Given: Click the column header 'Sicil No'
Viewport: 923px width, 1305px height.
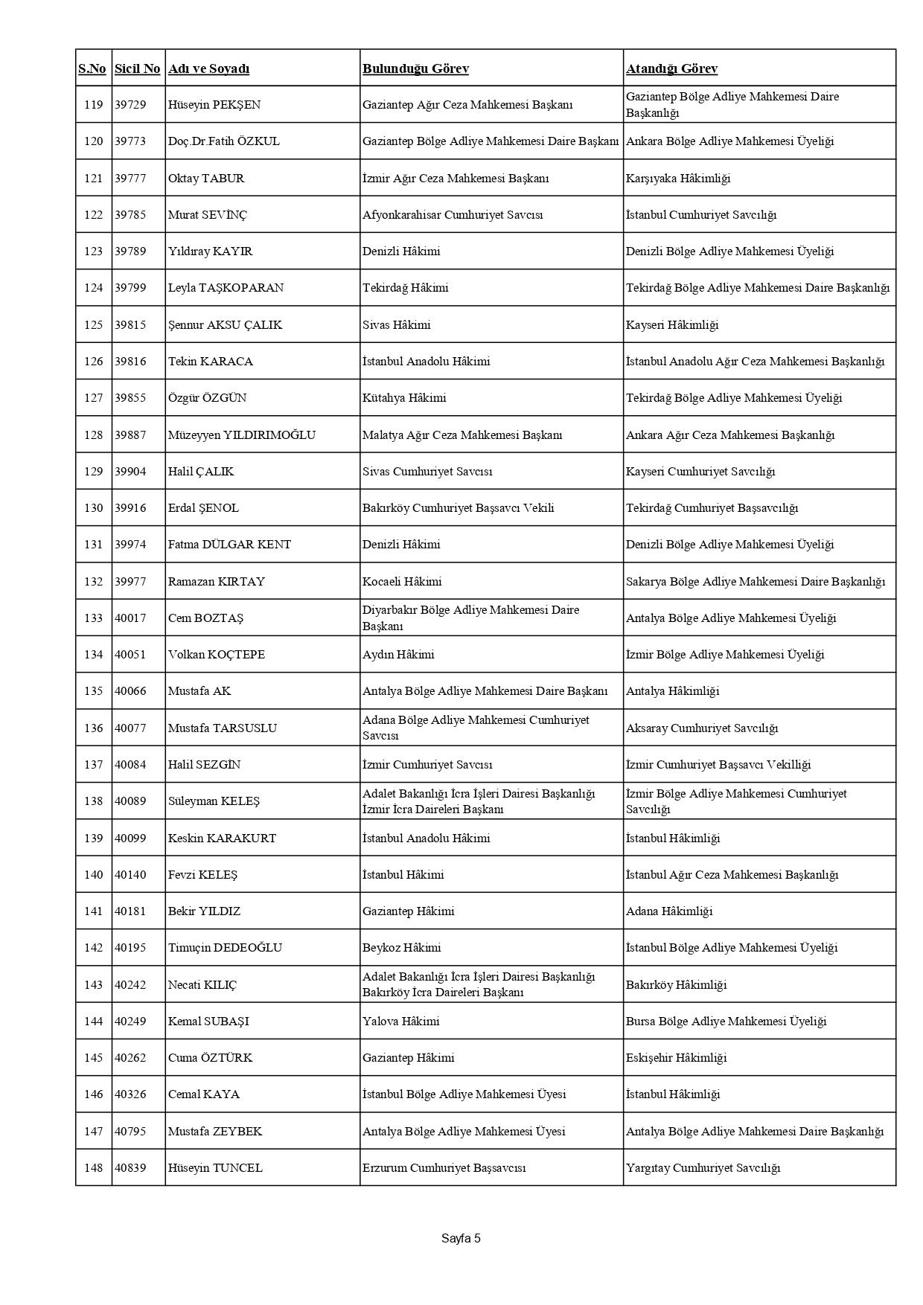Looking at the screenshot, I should pyautogui.click(x=137, y=68).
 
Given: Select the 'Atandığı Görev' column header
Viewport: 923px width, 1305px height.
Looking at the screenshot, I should pyautogui.click(x=671, y=68).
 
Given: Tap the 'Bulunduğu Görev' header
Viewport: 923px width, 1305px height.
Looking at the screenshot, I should pyautogui.click(x=415, y=68).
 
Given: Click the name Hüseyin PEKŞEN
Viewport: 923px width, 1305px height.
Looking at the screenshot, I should pyautogui.click(x=214, y=105).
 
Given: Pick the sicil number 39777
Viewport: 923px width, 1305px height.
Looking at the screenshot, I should pyautogui.click(x=130, y=179).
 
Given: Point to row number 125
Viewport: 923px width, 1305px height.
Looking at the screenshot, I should pyautogui.click(x=93, y=325).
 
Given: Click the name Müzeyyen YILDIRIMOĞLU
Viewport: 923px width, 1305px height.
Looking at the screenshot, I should pyautogui.click(x=242, y=435).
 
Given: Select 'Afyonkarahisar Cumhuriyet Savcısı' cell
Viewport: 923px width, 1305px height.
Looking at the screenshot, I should pyautogui.click(x=453, y=215).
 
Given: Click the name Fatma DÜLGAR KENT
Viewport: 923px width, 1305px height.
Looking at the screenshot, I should pyautogui.click(x=229, y=545).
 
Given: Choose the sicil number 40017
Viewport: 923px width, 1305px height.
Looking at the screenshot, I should pyautogui.click(x=130, y=618).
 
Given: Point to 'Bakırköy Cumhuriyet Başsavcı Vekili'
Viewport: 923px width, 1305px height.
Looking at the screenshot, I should pyautogui.click(x=458, y=508).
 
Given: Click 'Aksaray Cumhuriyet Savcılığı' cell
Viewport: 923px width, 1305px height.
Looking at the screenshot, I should pyautogui.click(x=701, y=728).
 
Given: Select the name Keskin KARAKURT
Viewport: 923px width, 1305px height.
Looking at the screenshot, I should pyautogui.click(x=222, y=839).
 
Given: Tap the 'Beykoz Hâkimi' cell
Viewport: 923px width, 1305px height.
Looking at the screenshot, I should pyautogui.click(x=401, y=948).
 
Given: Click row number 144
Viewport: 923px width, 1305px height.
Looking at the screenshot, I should pyautogui.click(x=93, y=1022).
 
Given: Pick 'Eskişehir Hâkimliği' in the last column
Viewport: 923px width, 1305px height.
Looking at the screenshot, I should pyautogui.click(x=676, y=1058).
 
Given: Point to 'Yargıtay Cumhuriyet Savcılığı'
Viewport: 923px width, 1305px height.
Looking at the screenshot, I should pyautogui.click(x=703, y=1168).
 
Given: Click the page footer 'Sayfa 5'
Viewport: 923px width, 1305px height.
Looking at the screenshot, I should pyautogui.click(x=461, y=1239).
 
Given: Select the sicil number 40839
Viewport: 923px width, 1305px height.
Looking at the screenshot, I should pyautogui.click(x=130, y=1168).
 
